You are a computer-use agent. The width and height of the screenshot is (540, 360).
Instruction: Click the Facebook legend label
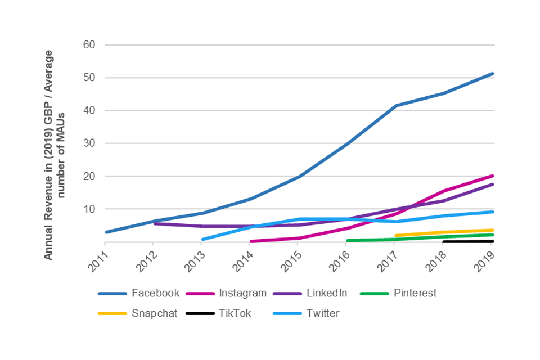tap(156, 293)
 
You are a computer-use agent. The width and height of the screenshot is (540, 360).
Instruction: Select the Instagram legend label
tap(242, 293)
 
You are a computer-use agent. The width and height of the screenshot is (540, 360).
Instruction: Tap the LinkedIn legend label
tap(327, 293)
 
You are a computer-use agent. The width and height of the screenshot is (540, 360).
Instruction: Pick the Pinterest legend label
tap(415, 293)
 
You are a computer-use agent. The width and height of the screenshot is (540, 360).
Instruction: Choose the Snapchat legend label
tap(155, 313)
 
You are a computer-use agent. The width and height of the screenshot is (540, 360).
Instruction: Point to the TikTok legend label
tap(236, 313)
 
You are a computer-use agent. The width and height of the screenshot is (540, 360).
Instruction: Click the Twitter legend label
tap(323, 313)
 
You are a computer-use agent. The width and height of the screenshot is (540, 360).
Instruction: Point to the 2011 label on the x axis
tap(99, 261)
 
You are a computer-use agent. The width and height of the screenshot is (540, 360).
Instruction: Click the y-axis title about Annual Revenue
tap(55, 155)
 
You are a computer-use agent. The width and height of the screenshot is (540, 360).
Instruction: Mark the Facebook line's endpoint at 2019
tap(493, 74)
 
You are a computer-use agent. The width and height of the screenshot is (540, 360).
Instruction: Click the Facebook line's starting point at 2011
tap(106, 232)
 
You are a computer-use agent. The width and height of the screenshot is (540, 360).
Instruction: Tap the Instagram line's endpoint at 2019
tap(493, 176)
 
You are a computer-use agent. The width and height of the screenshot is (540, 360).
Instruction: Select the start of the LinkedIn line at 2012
tap(155, 223)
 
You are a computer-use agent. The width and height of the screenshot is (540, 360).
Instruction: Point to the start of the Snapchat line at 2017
tap(397, 236)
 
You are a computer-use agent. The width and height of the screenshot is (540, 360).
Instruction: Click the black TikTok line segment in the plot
tap(468, 241)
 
